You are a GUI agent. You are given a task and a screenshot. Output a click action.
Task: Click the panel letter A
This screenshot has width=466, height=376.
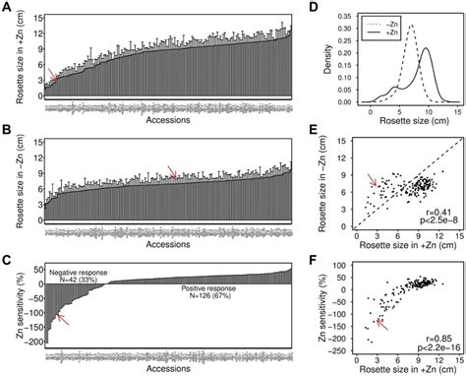pos(7,8)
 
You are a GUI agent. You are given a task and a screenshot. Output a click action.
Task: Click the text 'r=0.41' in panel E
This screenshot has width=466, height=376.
pos(436,211)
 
